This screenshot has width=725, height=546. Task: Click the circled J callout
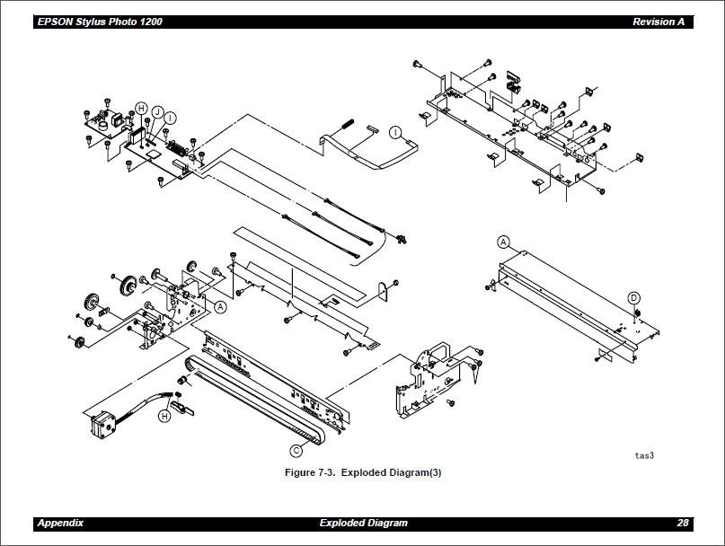point(156,111)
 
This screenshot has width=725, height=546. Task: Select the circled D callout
point(633,297)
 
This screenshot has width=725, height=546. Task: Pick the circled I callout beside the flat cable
point(395,132)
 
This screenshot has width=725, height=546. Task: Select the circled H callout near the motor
point(164,416)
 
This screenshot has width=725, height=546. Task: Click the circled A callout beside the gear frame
point(221,306)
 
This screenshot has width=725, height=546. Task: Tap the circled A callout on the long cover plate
point(503,242)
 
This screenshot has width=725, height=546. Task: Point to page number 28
point(683,524)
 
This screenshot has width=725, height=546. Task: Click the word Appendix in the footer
point(61,524)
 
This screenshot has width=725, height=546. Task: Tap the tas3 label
point(644,455)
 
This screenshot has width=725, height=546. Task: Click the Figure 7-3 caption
point(362,472)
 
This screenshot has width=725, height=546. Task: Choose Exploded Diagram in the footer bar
point(363,524)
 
